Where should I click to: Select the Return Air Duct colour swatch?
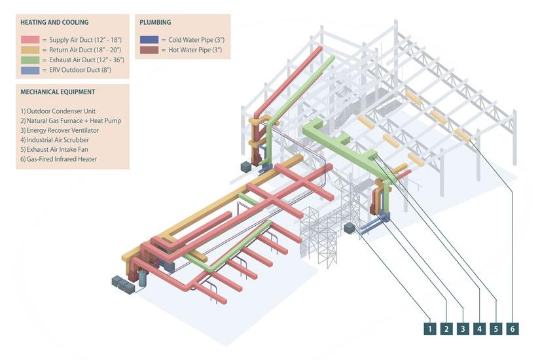coord(29,50)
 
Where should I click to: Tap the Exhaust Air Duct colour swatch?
coord(29,60)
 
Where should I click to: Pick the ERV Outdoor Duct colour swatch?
coord(29,69)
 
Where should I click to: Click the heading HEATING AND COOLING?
coord(54,22)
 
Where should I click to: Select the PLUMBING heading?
coord(156,22)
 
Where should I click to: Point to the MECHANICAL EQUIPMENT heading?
coord(58,92)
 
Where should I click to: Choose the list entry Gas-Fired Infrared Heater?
coord(60,158)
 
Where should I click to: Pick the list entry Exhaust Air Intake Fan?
coord(55,149)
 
